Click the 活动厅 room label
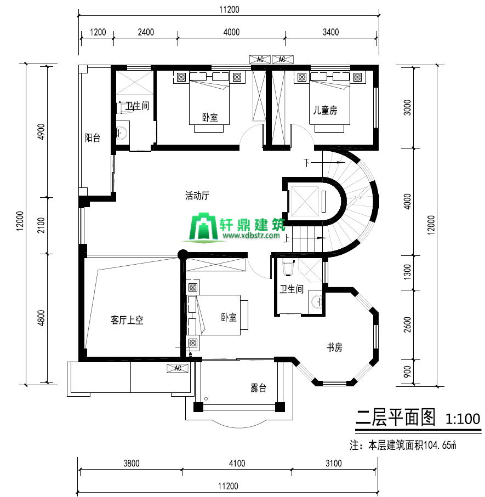point(197,196)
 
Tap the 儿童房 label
point(325,110)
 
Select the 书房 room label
point(334,347)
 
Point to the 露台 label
point(258,387)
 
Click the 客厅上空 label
point(127,320)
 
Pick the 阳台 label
point(92,138)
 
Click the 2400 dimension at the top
point(146,32)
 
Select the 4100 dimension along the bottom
point(237,464)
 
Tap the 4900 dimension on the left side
point(41,132)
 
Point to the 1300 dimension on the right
point(407,272)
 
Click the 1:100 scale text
point(463,419)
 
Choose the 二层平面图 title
point(395,418)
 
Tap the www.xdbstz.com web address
point(251,235)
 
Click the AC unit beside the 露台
point(178,368)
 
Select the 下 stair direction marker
point(306,162)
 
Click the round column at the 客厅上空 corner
point(182,254)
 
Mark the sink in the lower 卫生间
point(317,301)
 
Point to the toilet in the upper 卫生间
point(122,107)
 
